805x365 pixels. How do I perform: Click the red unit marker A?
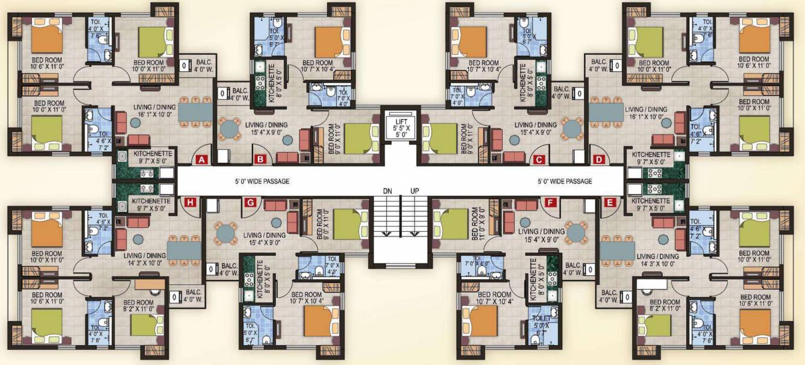(201, 160)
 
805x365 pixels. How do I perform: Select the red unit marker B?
(260, 160)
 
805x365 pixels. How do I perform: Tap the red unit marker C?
(539, 160)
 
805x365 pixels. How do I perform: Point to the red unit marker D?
(598, 160)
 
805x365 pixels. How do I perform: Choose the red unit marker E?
(609, 203)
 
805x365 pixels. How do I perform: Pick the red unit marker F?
(550, 203)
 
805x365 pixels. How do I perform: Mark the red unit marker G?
(249, 203)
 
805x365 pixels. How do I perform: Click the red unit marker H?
(190, 203)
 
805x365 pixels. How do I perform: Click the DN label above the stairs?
(388, 191)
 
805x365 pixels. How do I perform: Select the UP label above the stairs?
(415, 191)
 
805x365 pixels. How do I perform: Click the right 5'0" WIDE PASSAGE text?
(565, 181)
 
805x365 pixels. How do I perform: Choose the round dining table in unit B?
(230, 129)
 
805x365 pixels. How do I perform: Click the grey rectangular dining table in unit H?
(182, 250)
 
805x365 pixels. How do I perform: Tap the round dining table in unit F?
(577, 232)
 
